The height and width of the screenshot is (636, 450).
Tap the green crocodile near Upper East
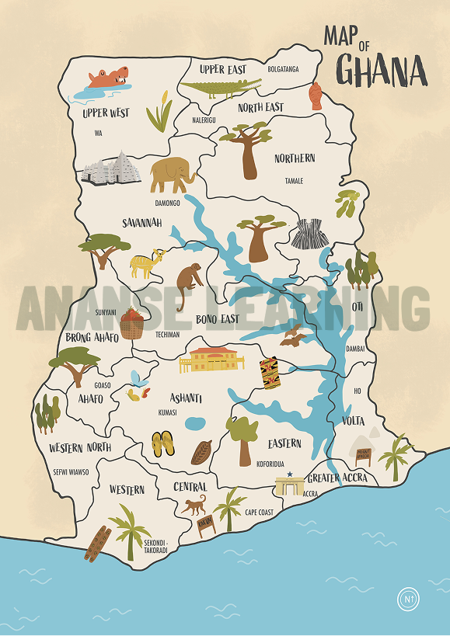pyautogui.click(x=220, y=87)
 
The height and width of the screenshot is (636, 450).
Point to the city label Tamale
pyautogui.click(x=294, y=181)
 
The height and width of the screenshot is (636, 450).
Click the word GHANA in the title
pyautogui.click(x=381, y=71)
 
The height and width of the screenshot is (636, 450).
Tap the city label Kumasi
pyautogui.click(x=167, y=412)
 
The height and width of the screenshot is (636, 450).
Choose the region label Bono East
pyautogui.click(x=217, y=319)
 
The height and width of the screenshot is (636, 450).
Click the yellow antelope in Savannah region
pyautogui.click(x=145, y=264)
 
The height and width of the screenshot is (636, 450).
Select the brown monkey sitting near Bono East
pyautogui.click(x=189, y=283)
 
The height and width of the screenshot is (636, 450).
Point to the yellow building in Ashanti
pyautogui.click(x=211, y=360)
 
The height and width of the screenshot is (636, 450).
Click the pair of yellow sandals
pyautogui.click(x=163, y=444)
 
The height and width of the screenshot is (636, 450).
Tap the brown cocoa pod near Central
pyautogui.click(x=201, y=451)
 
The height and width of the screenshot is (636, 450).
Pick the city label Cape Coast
pyautogui.click(x=260, y=513)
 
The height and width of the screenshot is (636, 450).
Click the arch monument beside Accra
pyautogui.click(x=288, y=484)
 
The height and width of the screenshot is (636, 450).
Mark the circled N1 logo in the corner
pyautogui.click(x=408, y=599)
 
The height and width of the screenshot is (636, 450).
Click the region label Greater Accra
pyautogui.click(x=337, y=478)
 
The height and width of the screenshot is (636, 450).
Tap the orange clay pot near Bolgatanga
pyautogui.click(x=316, y=96)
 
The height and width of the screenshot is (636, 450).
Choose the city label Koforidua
pyautogui.click(x=272, y=463)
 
